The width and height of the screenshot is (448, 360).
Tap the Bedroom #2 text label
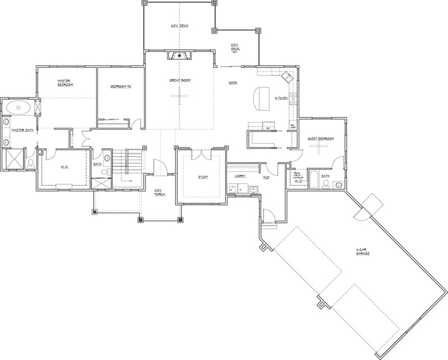coord(120,87)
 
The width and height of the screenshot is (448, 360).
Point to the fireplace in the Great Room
coord(179,55)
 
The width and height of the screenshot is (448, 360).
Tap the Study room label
coord(203,177)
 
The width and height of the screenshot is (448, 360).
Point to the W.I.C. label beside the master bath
coord(64,167)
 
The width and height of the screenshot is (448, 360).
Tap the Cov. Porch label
coord(160,192)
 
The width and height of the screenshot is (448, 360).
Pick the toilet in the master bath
coord(30,163)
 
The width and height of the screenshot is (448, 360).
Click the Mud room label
coord(267,177)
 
